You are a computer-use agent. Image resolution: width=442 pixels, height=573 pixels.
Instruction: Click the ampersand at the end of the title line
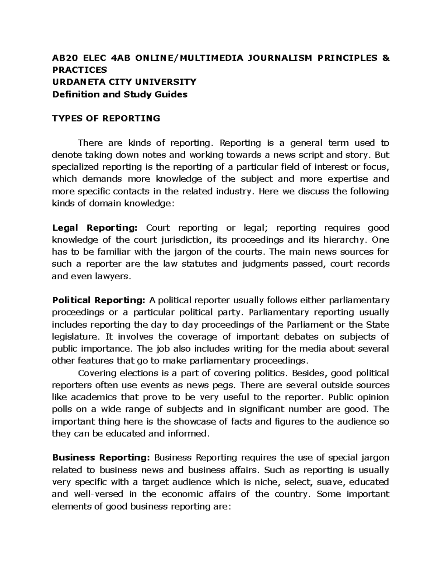(386, 58)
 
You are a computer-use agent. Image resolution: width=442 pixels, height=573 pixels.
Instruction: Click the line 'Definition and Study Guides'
(120, 94)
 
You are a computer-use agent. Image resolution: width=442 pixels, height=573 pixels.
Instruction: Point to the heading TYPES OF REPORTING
(106, 118)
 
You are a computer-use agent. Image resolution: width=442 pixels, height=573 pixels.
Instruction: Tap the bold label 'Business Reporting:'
(101, 458)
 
